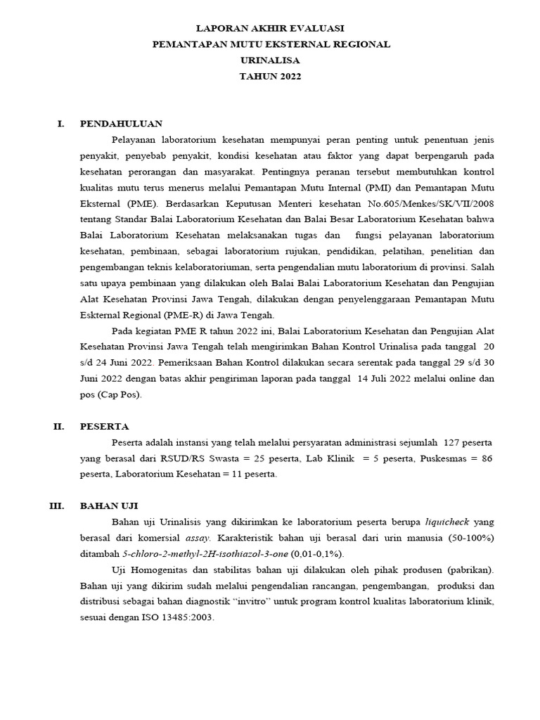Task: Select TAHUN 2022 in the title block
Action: click(x=271, y=77)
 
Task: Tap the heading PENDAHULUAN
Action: click(x=122, y=123)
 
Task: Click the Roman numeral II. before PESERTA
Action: click(x=59, y=426)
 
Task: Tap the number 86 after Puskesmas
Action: click(x=485, y=458)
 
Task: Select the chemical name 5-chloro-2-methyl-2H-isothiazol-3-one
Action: click(x=199, y=553)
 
